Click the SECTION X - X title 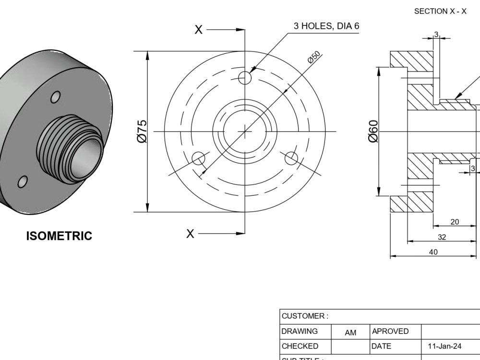pyautogui.click(x=440, y=12)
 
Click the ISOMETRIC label pyautogui.click(x=59, y=236)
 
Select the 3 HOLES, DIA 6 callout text pyautogui.click(x=326, y=26)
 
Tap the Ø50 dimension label pyautogui.click(x=314, y=57)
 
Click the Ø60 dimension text pyautogui.click(x=373, y=131)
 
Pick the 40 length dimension pyautogui.click(x=433, y=252)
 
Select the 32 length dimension pyautogui.click(x=442, y=237)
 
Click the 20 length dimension pyautogui.click(x=455, y=221)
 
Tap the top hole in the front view pyautogui.click(x=245, y=77)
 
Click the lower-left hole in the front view pyautogui.click(x=198, y=158)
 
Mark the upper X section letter pyautogui.click(x=198, y=30)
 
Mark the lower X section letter pyautogui.click(x=191, y=234)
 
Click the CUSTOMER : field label pyautogui.click(x=305, y=316)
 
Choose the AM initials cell pyautogui.click(x=350, y=332)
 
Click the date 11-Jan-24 pyautogui.click(x=444, y=346)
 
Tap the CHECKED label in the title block pyautogui.click(x=300, y=346)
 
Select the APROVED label pyautogui.click(x=390, y=331)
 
